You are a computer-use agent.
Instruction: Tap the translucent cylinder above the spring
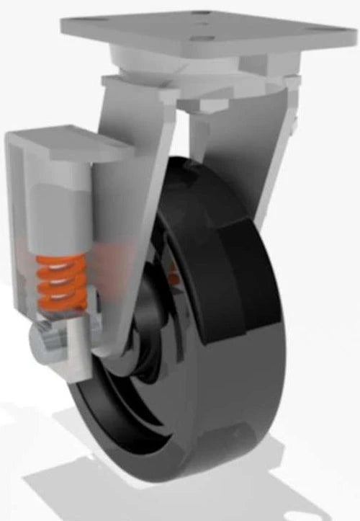[x=61, y=209]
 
